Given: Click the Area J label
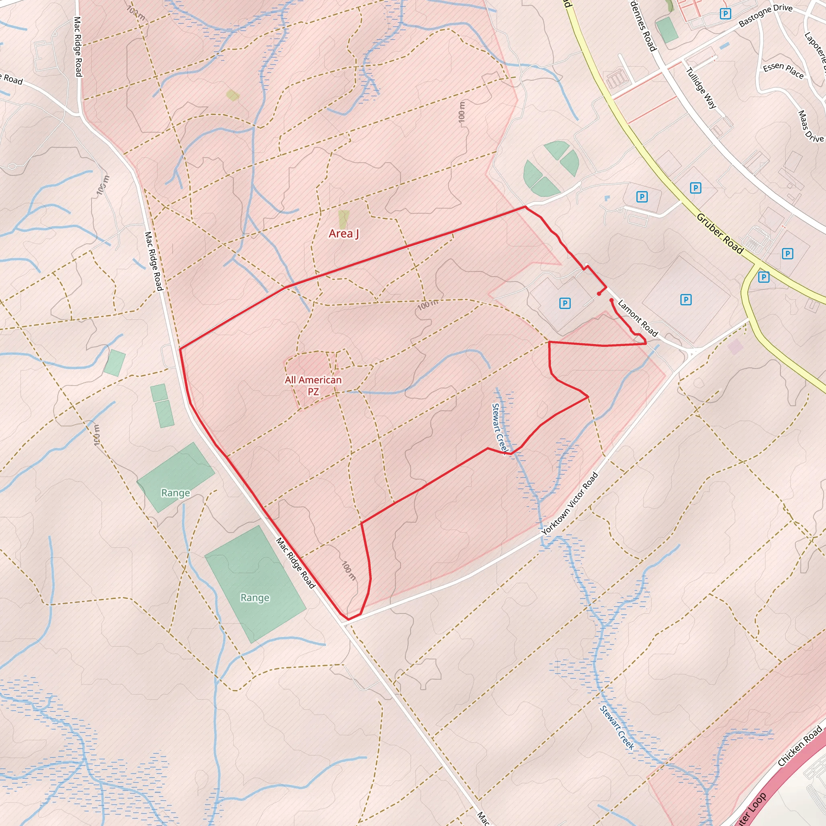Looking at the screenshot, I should (x=344, y=234).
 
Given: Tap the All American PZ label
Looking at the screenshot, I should (x=313, y=385).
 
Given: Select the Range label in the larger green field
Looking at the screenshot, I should (x=255, y=597).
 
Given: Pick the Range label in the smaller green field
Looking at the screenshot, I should (x=175, y=492).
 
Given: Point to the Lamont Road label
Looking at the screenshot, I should (x=638, y=318).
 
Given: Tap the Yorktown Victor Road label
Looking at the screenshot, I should (x=569, y=503).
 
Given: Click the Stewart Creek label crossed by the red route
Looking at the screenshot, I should (x=499, y=428).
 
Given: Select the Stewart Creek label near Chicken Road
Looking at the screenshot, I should (x=617, y=727).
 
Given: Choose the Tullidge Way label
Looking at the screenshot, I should (x=701, y=88).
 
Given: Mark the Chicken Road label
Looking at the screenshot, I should (x=799, y=746).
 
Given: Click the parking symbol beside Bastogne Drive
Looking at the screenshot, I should (x=725, y=14).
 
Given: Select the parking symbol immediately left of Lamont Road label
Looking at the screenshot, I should (x=565, y=304).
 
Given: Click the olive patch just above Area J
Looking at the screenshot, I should (x=343, y=219).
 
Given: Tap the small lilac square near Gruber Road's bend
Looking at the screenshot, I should (x=735, y=346).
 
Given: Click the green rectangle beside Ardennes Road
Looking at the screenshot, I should (x=667, y=30).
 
